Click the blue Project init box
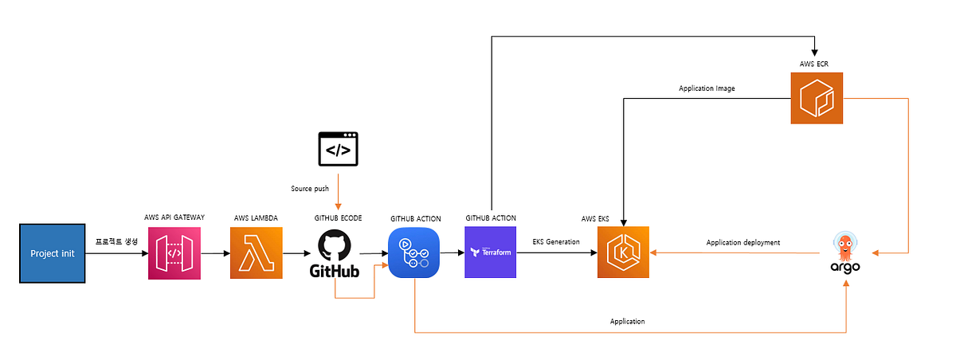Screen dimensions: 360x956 52,253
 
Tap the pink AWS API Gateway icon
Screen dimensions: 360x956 174,253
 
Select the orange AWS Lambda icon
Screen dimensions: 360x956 256,253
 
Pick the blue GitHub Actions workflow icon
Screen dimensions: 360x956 414,253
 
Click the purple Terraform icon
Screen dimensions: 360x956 491,252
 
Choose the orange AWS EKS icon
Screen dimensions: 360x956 623,252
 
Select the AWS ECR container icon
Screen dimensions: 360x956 816,99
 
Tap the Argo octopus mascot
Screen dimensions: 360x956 845,245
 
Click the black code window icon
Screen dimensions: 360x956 339,149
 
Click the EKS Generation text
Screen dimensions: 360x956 556,241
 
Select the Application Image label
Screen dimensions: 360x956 707,88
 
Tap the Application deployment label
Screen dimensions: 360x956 742,242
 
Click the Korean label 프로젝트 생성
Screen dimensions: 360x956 116,241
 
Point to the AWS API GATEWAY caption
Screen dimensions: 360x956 174,217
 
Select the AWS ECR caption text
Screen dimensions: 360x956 816,62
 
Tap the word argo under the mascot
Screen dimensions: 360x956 845,268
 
